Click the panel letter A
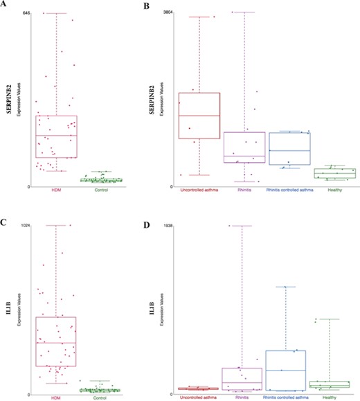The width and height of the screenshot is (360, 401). [4, 4]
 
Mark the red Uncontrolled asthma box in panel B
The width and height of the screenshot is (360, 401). [199, 115]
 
